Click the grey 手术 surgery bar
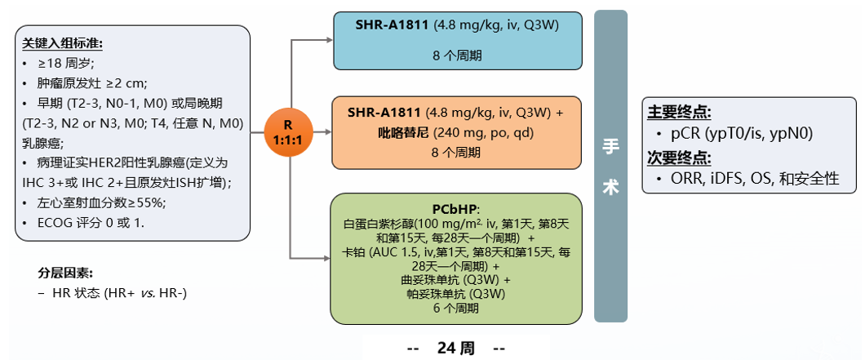(610, 166)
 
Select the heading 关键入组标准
(62, 42)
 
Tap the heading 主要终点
(676, 113)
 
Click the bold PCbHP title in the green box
(455, 207)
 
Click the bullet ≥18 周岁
(72, 63)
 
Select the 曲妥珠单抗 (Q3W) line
(455, 279)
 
